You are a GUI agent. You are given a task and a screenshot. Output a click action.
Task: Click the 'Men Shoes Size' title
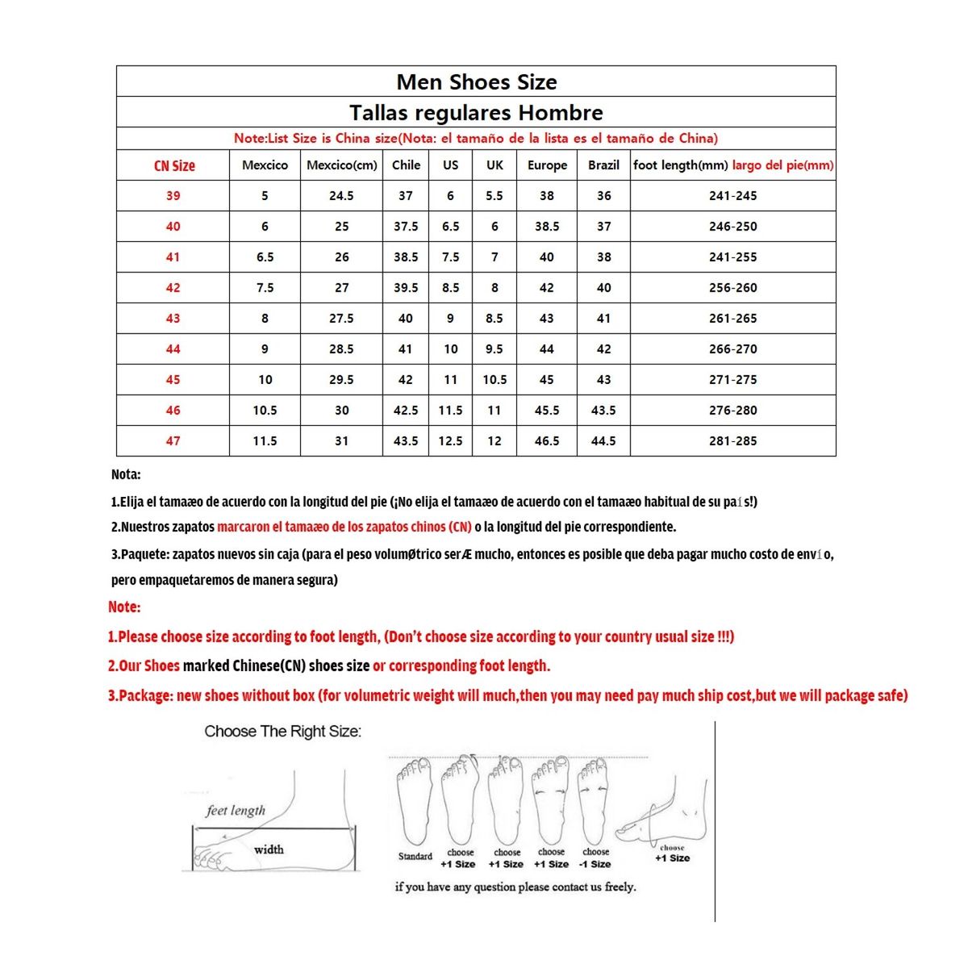(x=476, y=82)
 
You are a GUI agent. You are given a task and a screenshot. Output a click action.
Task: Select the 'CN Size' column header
(x=174, y=165)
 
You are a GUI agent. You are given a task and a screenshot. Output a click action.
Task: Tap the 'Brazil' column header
(x=603, y=165)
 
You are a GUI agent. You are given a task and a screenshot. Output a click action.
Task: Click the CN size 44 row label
(x=173, y=349)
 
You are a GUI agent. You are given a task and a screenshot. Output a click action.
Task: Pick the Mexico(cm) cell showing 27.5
(x=341, y=319)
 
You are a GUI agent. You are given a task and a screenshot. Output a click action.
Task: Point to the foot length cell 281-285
(x=732, y=441)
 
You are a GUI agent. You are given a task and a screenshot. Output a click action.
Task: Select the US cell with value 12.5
(x=450, y=441)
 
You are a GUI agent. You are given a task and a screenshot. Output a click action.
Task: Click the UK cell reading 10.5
(x=494, y=380)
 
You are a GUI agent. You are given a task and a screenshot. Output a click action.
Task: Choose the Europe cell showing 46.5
(x=547, y=441)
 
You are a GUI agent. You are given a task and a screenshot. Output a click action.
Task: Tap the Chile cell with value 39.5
(x=406, y=288)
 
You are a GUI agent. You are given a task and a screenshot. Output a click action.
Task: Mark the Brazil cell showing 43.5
(x=603, y=411)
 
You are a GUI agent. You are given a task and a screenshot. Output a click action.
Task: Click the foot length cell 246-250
(x=732, y=227)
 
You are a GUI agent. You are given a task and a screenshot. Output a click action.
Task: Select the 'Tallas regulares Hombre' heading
(x=476, y=113)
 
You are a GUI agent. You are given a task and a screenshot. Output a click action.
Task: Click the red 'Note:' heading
(x=124, y=607)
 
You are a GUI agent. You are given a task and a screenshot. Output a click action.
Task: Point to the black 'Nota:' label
(x=126, y=474)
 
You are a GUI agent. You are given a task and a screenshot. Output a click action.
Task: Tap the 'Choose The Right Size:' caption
(x=282, y=732)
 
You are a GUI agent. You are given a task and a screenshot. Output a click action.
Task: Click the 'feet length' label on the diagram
(x=236, y=810)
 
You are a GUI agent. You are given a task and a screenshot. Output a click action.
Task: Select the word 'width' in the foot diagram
(x=269, y=849)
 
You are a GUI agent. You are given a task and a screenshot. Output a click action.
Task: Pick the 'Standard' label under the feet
(x=415, y=857)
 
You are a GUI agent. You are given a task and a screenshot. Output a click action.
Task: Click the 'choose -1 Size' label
(x=595, y=858)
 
